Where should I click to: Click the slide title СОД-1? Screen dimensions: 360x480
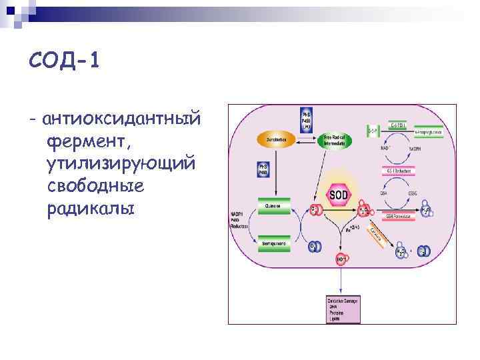64,61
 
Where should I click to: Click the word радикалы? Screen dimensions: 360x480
91,208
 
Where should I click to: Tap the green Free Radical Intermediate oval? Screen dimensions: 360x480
337,141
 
